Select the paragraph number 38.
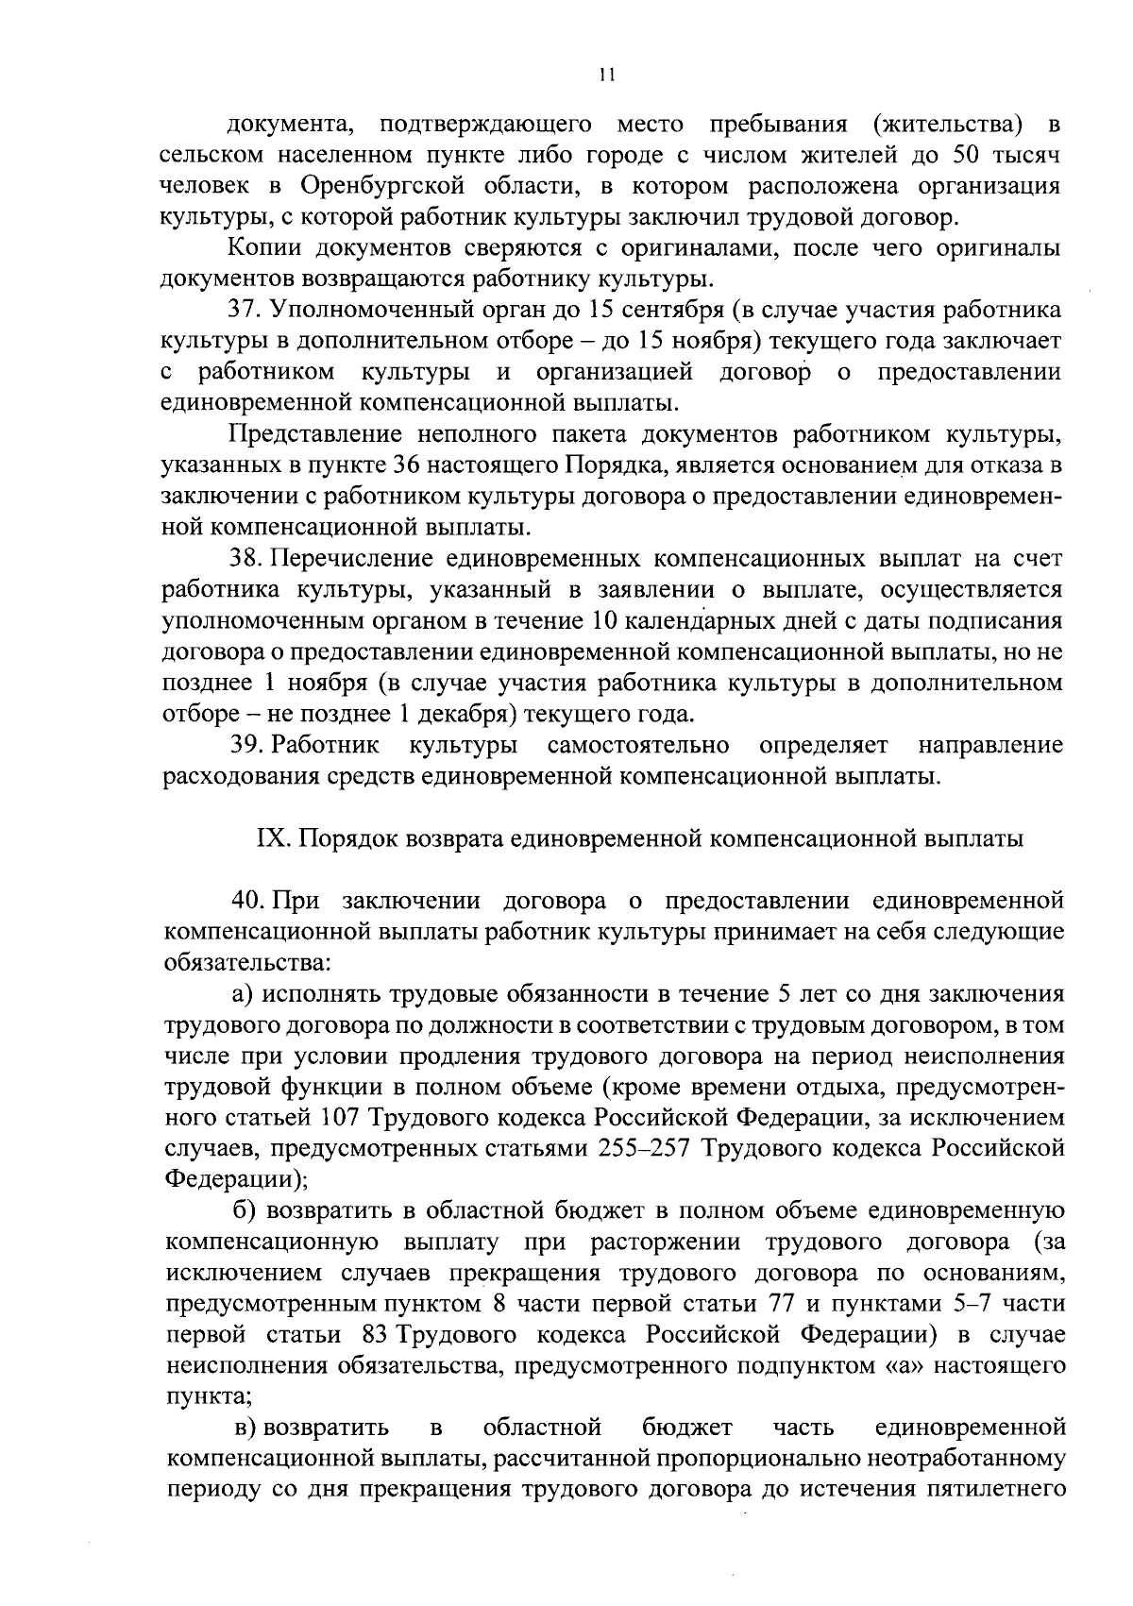[x=244, y=559]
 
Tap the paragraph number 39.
[x=245, y=746]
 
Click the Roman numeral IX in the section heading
[x=271, y=838]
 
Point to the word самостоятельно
[x=638, y=746]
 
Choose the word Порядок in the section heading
[x=353, y=838]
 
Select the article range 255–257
[x=646, y=1149]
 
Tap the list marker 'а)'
[x=245, y=994]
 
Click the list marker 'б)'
[x=245, y=1211]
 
